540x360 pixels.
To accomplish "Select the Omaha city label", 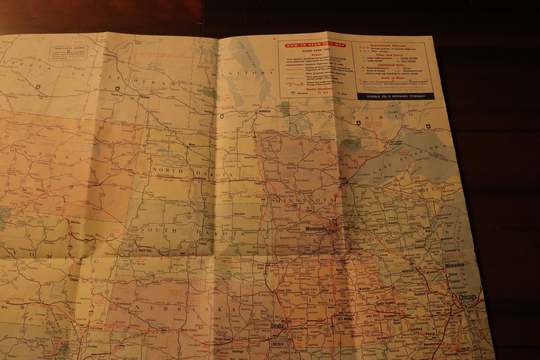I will click(x=277, y=326).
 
